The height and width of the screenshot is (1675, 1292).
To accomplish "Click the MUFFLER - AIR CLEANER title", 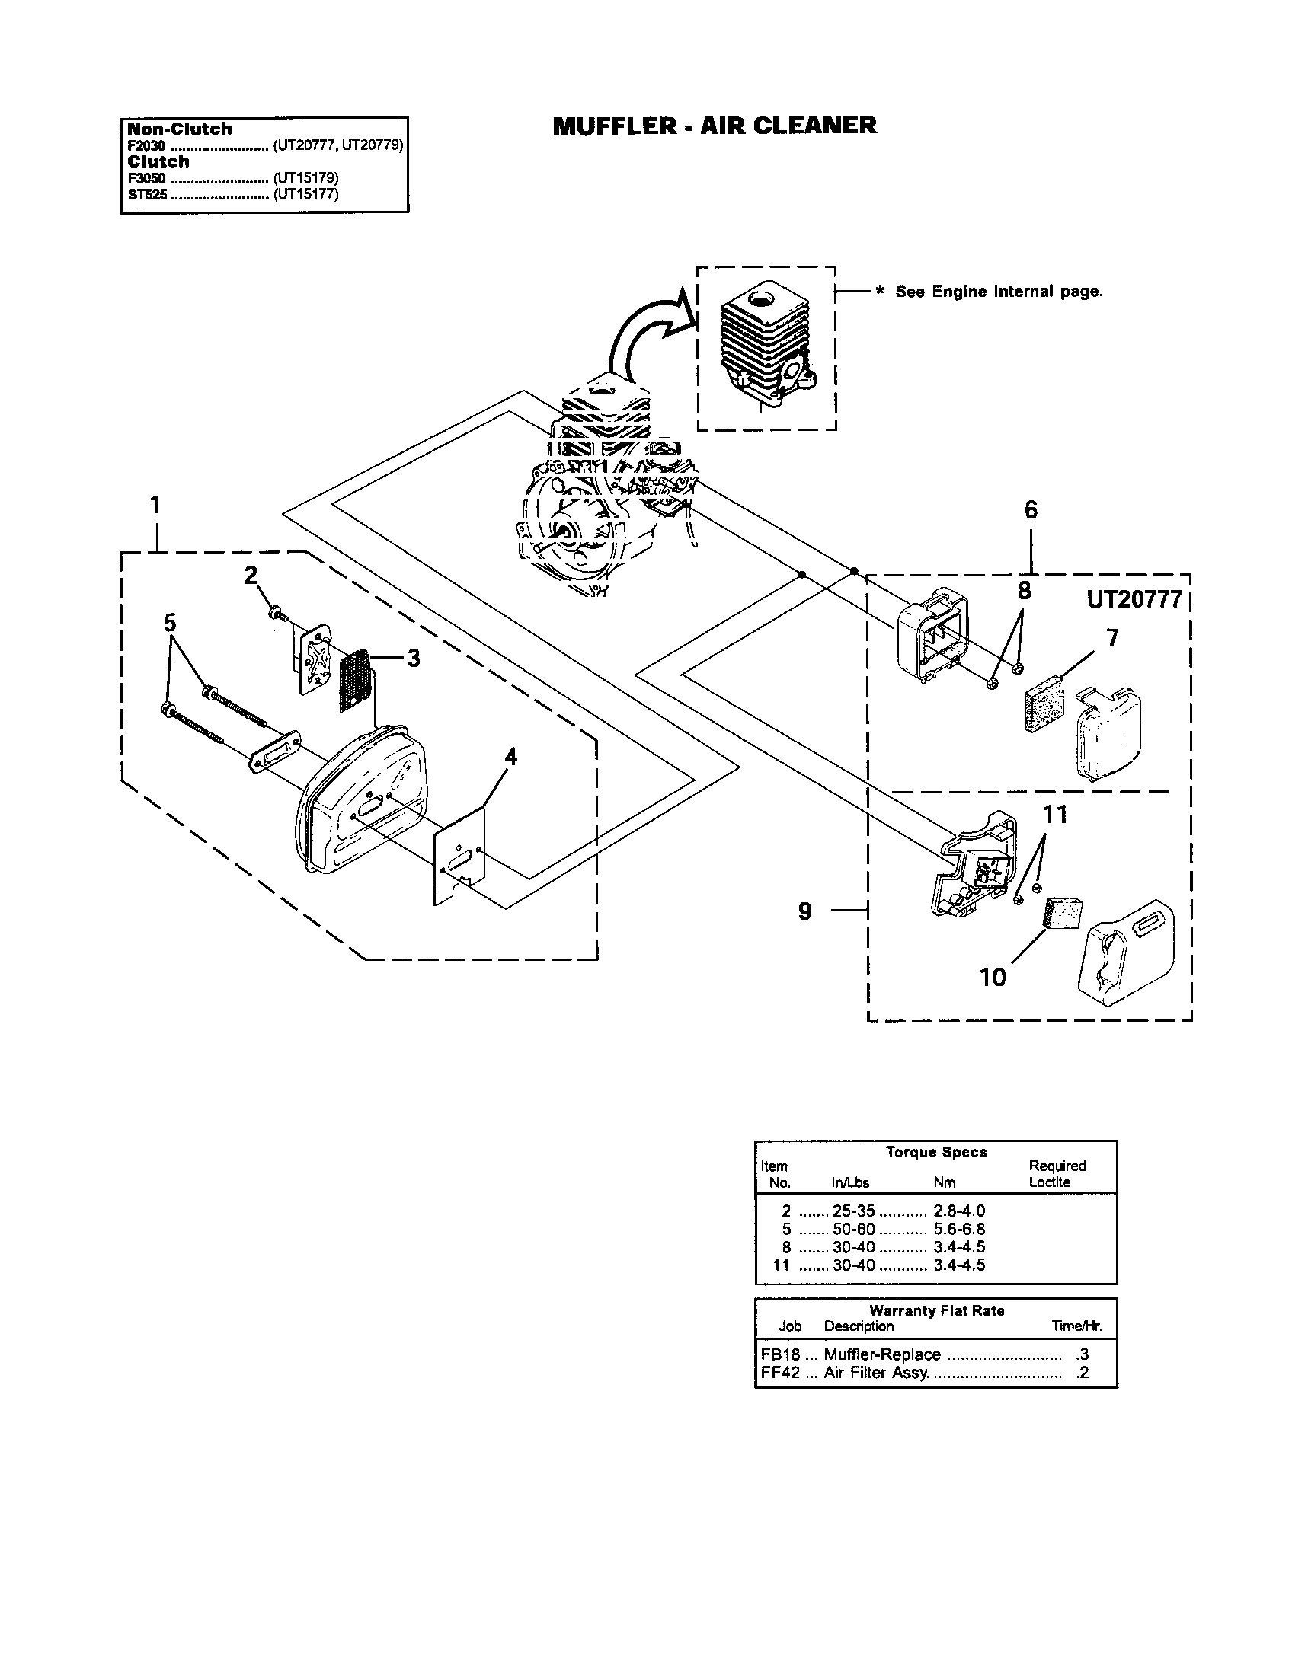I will [x=715, y=126].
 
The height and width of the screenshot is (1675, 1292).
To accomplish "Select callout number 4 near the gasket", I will [x=510, y=757].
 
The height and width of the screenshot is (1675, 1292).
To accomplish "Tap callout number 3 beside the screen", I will [x=413, y=658].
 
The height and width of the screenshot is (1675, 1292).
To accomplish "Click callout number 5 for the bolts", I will [x=170, y=622].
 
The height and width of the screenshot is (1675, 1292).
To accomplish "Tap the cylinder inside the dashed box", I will [x=767, y=349].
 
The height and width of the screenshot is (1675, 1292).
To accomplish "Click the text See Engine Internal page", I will [x=998, y=292].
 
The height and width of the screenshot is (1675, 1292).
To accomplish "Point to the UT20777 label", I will [x=1134, y=600].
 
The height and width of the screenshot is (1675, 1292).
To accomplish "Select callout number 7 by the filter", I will [x=1111, y=637].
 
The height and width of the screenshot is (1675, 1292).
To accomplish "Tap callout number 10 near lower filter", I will [x=992, y=977].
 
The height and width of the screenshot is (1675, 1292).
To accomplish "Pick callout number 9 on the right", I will [x=804, y=911].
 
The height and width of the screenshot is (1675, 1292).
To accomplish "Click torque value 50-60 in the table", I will [x=853, y=1229].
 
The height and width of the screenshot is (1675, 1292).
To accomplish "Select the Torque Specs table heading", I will [x=936, y=1152].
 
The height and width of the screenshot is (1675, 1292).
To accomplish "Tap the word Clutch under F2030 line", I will [x=158, y=161].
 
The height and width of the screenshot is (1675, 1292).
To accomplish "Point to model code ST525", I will [x=146, y=194].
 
